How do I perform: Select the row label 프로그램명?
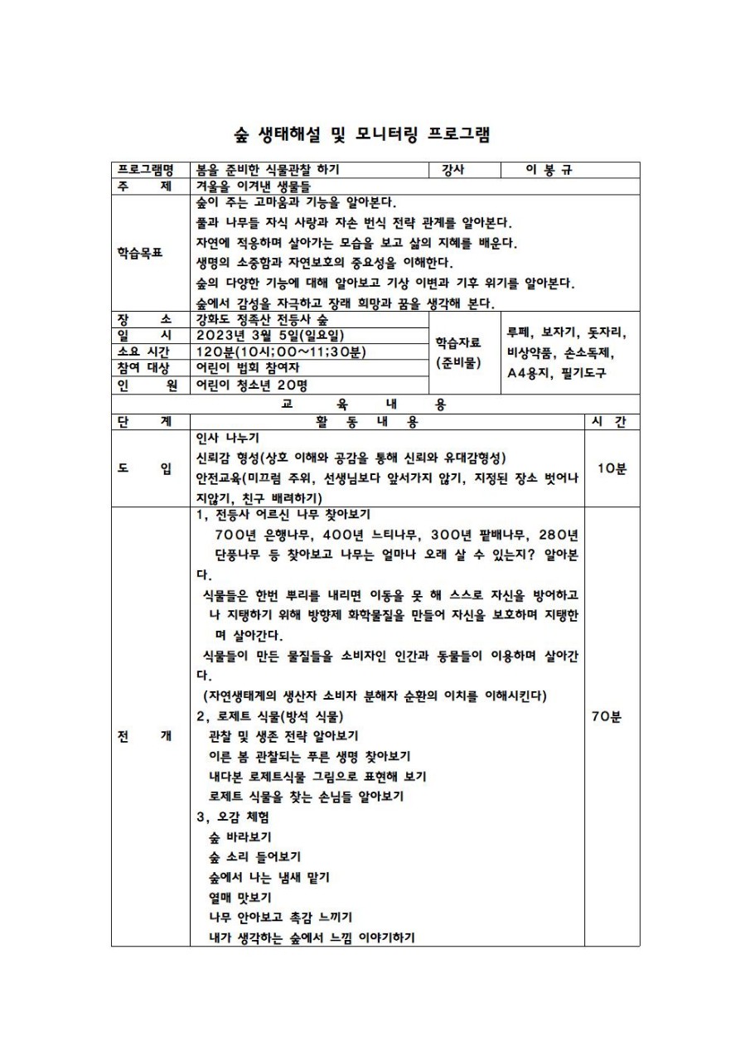(x=150, y=170)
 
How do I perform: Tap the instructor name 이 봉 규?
(x=549, y=170)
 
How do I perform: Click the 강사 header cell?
(x=453, y=170)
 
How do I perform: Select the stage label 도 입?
(x=150, y=468)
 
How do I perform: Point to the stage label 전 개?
(x=150, y=736)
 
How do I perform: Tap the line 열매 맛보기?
(x=240, y=897)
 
